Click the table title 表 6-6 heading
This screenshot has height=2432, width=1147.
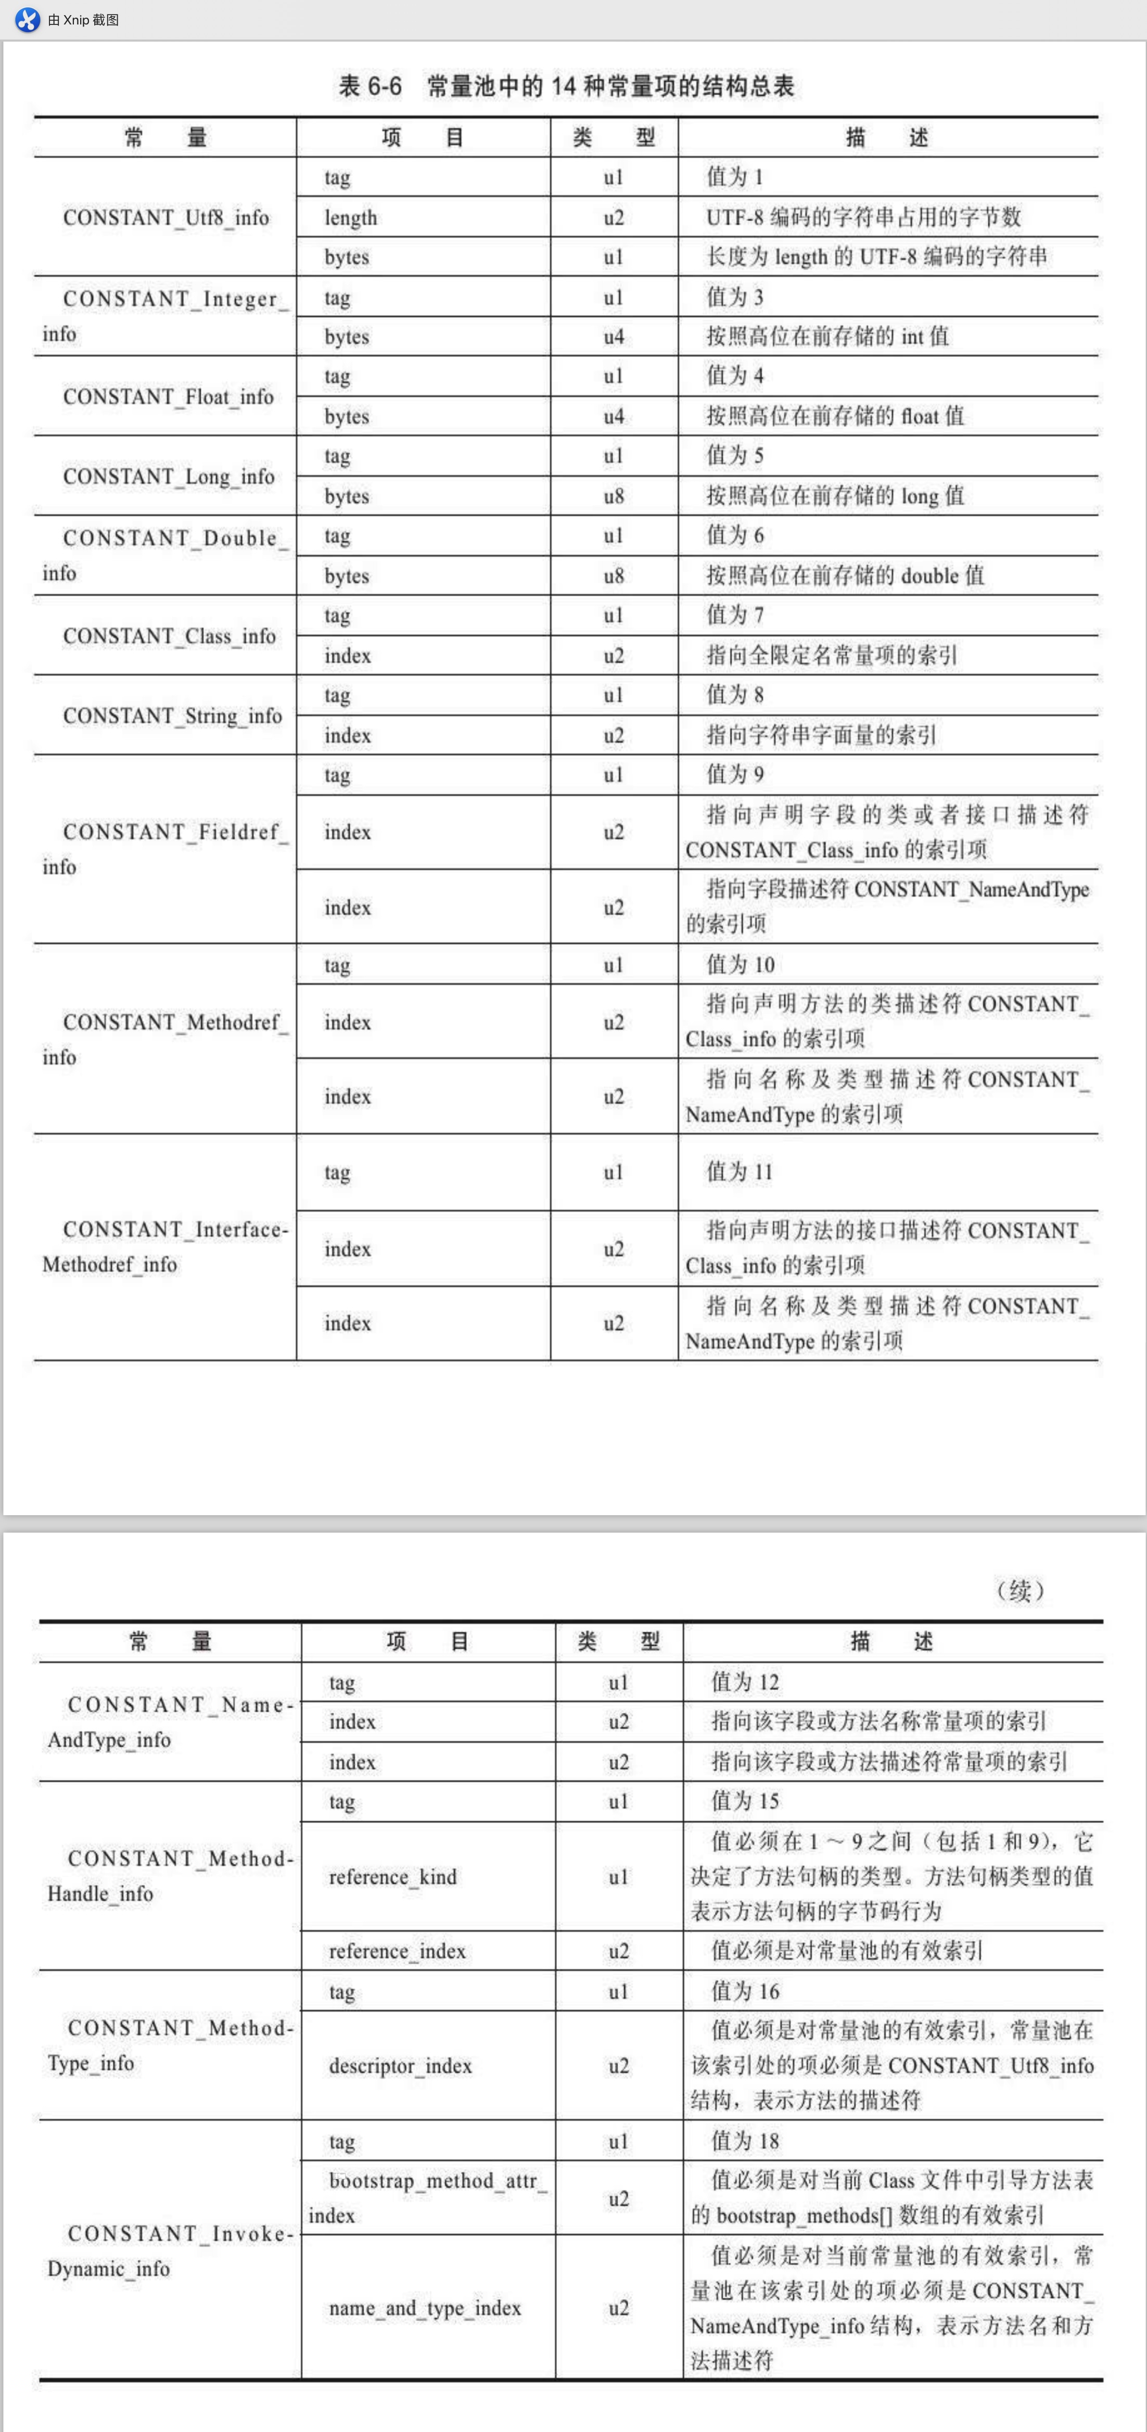tap(566, 87)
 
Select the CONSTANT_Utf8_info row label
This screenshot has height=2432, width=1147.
tap(166, 218)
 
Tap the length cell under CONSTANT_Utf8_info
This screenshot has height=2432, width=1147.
tap(351, 218)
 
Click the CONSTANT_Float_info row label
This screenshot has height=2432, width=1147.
tap(168, 396)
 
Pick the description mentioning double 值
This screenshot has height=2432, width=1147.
tap(845, 576)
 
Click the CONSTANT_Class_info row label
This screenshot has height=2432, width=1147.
tap(169, 636)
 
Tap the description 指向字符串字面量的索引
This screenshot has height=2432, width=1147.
tap(821, 735)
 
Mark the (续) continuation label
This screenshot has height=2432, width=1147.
tap(1021, 1591)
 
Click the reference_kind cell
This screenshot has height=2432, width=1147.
tap(393, 1877)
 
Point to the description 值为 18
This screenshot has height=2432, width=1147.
tap(745, 2141)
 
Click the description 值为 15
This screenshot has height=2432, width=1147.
tap(745, 1801)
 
